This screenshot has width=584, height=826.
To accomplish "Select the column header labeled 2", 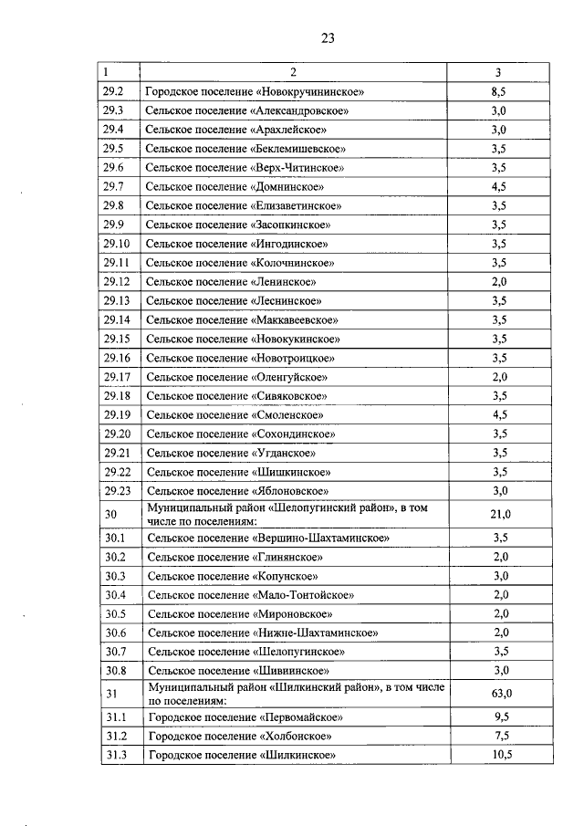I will tap(293, 72).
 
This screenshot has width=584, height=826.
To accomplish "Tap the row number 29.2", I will tap(114, 91).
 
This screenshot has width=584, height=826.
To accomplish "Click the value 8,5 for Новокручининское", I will tap(498, 91).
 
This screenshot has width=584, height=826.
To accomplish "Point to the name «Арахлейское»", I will tap(289, 130).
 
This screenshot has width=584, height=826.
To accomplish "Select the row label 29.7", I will tap(114, 187).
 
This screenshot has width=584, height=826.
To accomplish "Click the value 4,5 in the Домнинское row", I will tap(498, 187).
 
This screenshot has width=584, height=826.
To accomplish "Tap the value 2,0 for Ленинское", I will tap(498, 281).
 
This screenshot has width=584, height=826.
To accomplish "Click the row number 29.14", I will tap(117, 319).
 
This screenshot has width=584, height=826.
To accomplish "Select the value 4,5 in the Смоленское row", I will tap(498, 414).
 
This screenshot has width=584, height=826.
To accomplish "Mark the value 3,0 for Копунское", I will tap(498, 576).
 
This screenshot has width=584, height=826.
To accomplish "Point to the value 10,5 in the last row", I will tap(498, 755).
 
